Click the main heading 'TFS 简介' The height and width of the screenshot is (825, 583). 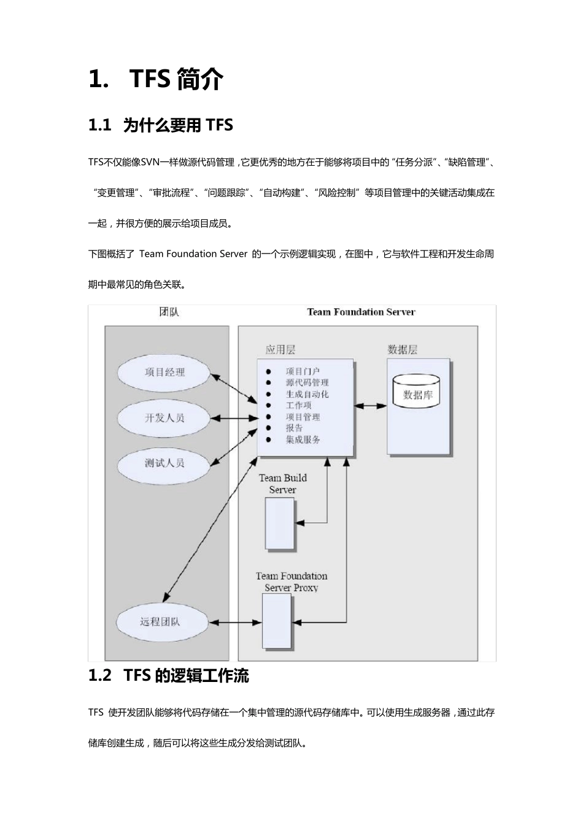(x=156, y=79)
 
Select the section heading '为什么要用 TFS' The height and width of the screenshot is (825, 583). (x=161, y=125)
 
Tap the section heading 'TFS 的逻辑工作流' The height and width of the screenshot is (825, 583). (x=169, y=675)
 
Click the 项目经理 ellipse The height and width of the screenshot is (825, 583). (x=164, y=372)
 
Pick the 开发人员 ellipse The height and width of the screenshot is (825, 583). (x=164, y=417)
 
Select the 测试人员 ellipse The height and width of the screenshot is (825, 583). (x=164, y=463)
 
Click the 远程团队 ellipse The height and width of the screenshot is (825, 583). (x=160, y=622)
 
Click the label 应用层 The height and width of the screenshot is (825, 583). (x=280, y=349)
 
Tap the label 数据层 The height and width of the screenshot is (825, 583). (x=403, y=349)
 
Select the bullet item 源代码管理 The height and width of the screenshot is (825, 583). (x=307, y=382)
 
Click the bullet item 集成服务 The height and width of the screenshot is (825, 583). (x=303, y=440)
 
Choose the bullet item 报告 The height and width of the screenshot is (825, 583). (x=294, y=428)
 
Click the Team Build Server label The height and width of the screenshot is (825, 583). (x=282, y=484)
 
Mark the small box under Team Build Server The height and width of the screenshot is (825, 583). (x=280, y=523)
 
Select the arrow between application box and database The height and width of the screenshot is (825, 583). (x=371, y=406)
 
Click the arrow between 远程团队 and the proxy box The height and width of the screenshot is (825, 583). (x=236, y=622)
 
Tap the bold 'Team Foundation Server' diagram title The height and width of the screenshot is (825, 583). (x=361, y=312)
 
